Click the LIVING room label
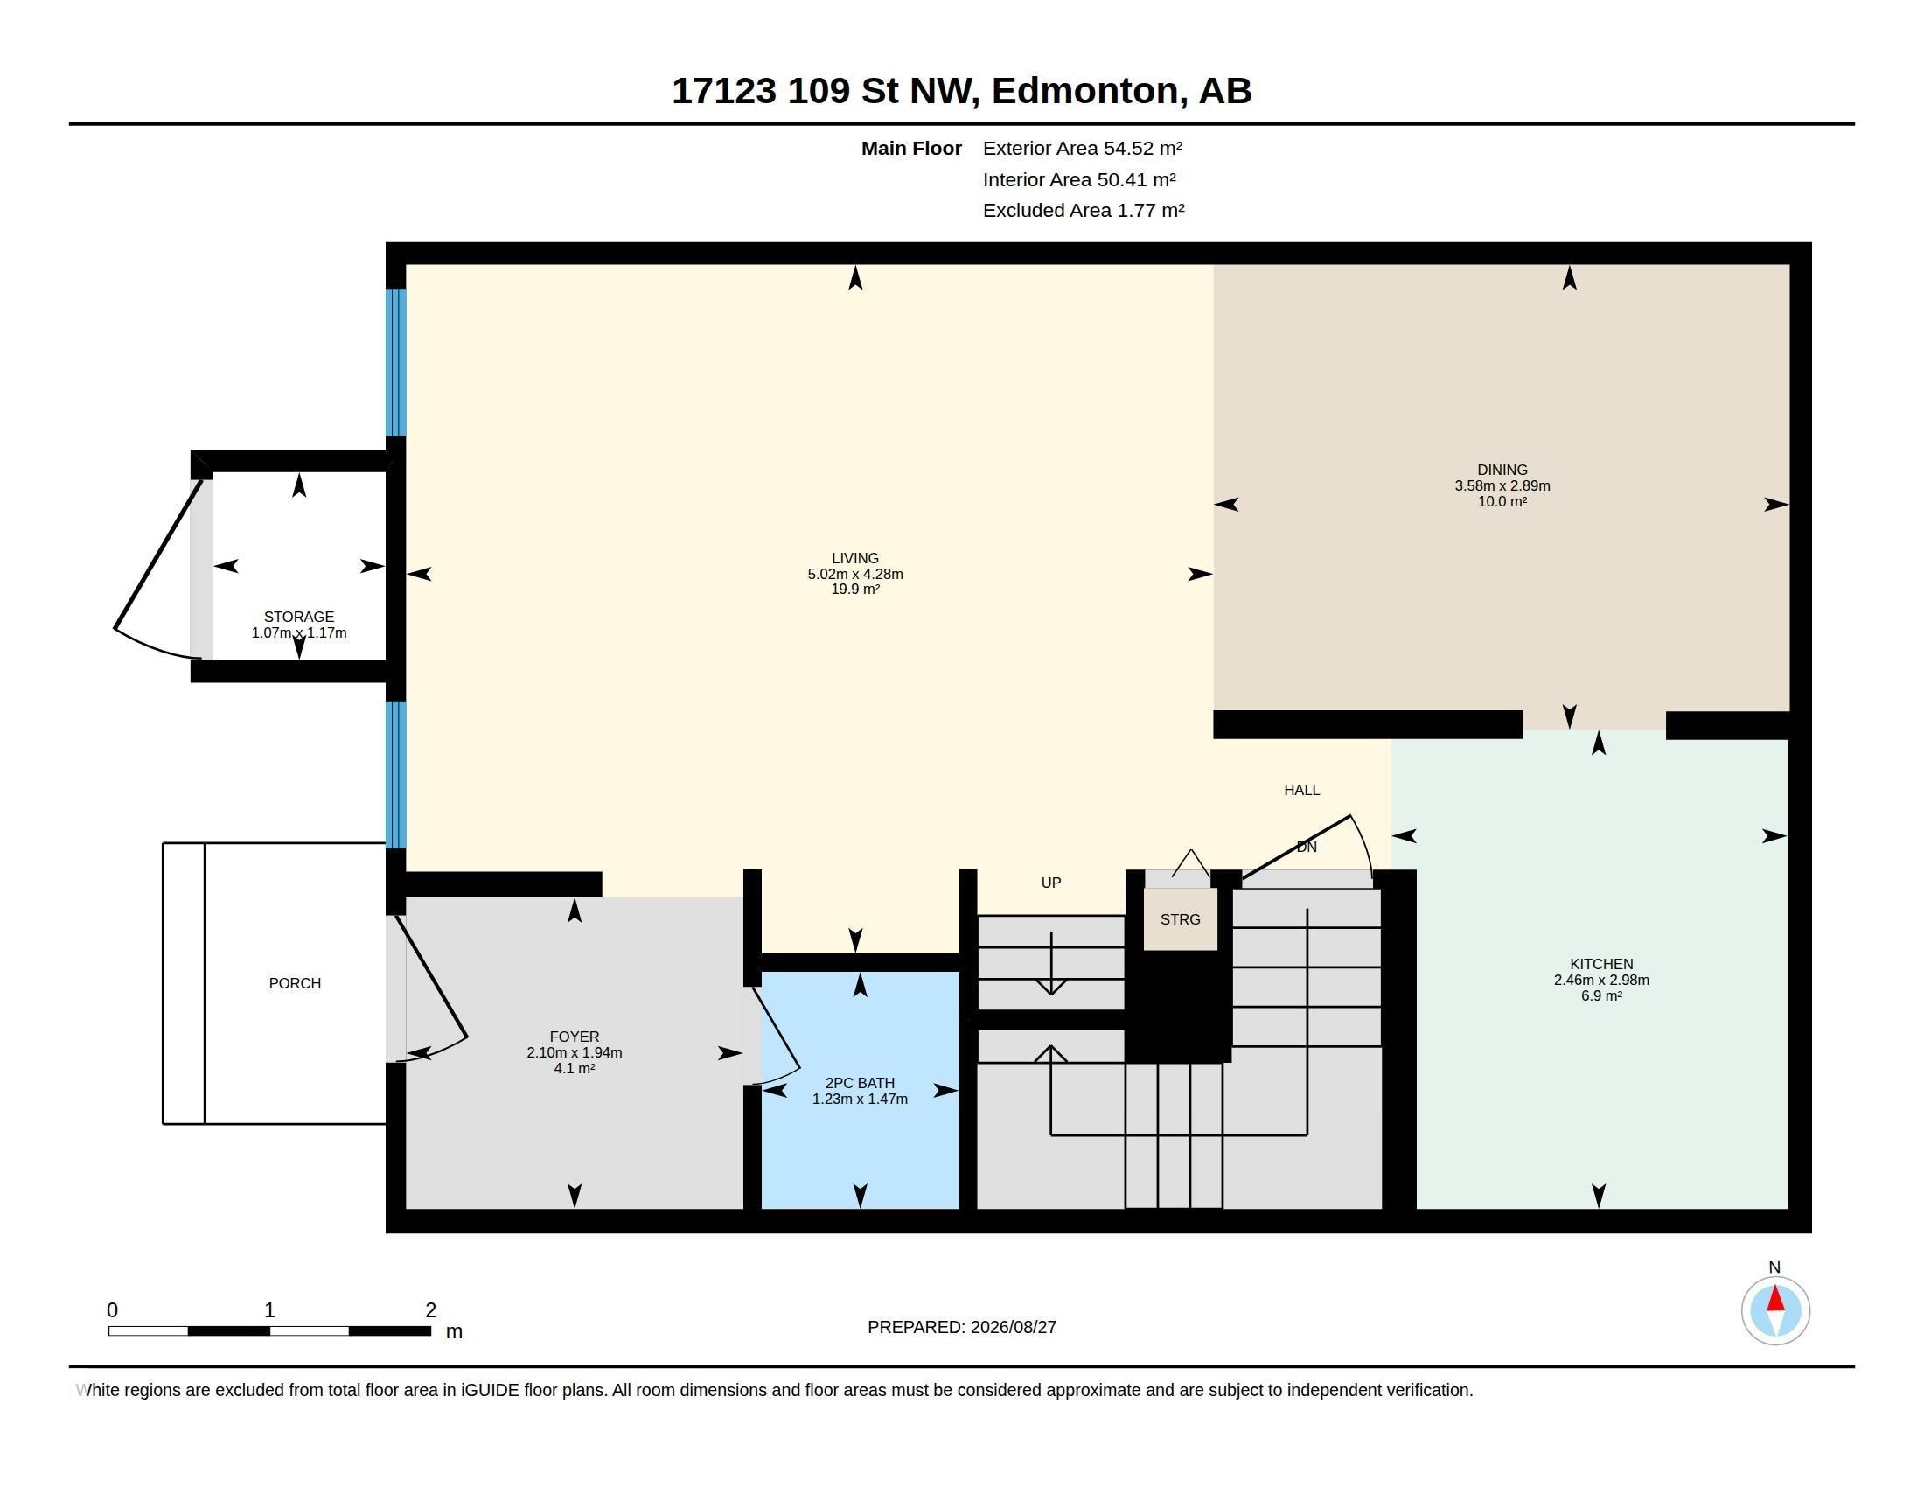pyautogui.click(x=854, y=559)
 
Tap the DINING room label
pyautogui.click(x=1502, y=471)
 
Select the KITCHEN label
pyautogui.click(x=1600, y=965)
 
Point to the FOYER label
pyautogui.click(x=575, y=1037)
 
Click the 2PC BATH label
pyautogui.click(x=860, y=1084)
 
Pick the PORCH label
pyautogui.click(x=295, y=983)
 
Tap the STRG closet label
pyautogui.click(x=1181, y=919)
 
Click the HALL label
pyautogui.click(x=1302, y=790)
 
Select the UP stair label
pyautogui.click(x=1051, y=883)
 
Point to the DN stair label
pyautogui.click(x=1307, y=847)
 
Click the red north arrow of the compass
pyautogui.click(x=1775, y=1299)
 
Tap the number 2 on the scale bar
pyautogui.click(x=431, y=1310)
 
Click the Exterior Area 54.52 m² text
pyautogui.click(x=1083, y=148)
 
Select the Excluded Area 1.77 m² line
pyautogui.click(x=1084, y=211)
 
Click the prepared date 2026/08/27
pyautogui.click(x=1013, y=1327)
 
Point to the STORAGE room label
pyautogui.click(x=299, y=617)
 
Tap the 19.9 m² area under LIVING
pyautogui.click(x=855, y=590)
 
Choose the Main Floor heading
pyautogui.click(x=911, y=148)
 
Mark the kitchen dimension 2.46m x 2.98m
pyautogui.click(x=1601, y=980)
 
